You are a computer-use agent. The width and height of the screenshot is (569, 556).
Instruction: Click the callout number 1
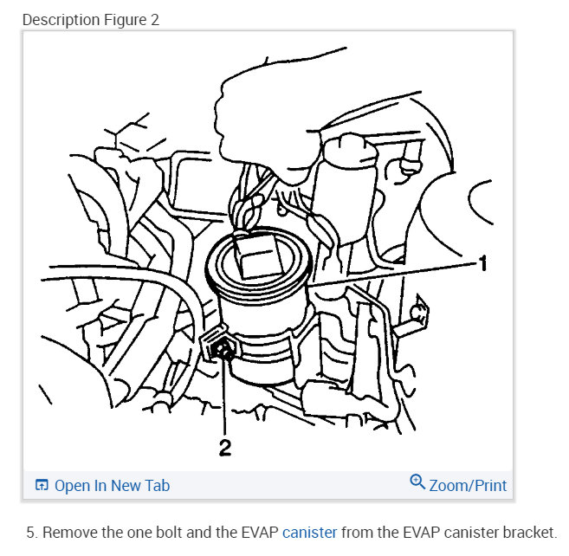[483, 262]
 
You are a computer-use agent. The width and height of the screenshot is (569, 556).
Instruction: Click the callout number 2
[224, 449]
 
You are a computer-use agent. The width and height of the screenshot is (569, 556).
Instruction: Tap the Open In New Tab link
[112, 485]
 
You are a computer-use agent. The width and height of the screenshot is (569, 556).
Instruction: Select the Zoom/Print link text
[468, 485]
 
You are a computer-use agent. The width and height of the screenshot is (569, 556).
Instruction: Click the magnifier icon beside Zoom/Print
[417, 482]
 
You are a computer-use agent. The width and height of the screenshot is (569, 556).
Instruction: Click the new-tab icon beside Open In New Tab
[42, 485]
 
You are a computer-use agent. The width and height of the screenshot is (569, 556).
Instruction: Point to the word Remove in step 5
[70, 532]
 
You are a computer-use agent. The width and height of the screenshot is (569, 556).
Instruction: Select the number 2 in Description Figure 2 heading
[155, 19]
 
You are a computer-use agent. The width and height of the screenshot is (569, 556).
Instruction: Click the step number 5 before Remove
[30, 532]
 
